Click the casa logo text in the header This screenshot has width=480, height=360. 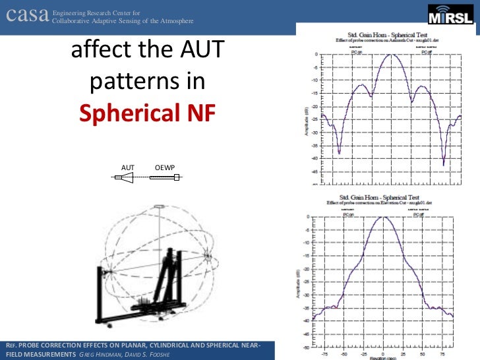[x=26, y=16]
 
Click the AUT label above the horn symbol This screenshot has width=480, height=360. [x=127, y=167]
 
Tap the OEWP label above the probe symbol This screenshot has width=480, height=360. [x=164, y=167]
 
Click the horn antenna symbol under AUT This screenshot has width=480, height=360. [x=125, y=179]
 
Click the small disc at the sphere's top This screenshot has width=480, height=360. [x=158, y=208]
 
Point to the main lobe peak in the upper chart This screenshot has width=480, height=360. [x=391, y=55]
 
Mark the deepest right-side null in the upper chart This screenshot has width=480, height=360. [x=444, y=164]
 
